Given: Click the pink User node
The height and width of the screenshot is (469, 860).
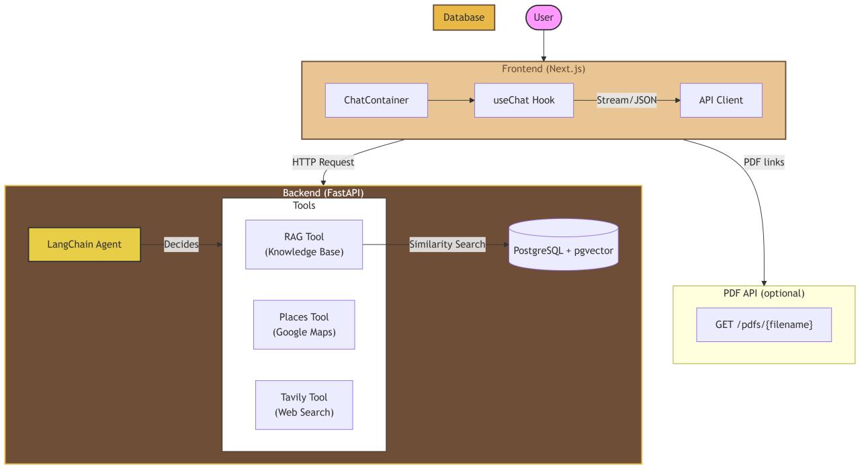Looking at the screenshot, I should (x=543, y=17).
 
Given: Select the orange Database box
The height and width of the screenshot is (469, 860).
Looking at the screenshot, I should (x=464, y=17).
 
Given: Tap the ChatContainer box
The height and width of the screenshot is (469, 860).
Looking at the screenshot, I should (x=376, y=100).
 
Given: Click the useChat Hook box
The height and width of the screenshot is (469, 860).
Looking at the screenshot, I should (x=524, y=100).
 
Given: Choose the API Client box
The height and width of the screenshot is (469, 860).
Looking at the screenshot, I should (x=721, y=100).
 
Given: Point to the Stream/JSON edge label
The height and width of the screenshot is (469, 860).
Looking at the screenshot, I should (x=627, y=100).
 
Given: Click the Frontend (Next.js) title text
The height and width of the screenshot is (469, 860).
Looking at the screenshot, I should (x=544, y=69).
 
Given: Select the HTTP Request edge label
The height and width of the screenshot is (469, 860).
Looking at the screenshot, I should (x=323, y=162).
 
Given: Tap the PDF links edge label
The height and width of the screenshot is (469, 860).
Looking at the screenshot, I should (x=764, y=162).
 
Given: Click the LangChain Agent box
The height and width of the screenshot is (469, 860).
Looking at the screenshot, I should (x=85, y=244).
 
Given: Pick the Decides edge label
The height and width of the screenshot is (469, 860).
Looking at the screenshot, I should (x=181, y=245).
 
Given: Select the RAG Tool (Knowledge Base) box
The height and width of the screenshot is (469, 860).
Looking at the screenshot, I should (x=304, y=244).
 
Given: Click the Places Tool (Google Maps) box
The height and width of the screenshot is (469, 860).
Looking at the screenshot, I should (x=304, y=325).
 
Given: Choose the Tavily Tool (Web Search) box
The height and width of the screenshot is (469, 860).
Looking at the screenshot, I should (x=304, y=404).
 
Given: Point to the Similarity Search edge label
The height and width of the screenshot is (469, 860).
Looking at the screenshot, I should (x=447, y=245).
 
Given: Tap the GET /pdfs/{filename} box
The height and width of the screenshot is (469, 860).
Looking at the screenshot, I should (x=764, y=325).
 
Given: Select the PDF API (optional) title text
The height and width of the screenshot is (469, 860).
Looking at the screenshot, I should (x=764, y=293).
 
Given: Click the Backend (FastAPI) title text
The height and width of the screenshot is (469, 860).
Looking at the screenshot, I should (x=323, y=193).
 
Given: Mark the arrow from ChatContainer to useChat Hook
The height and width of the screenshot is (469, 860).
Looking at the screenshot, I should (x=451, y=100).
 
